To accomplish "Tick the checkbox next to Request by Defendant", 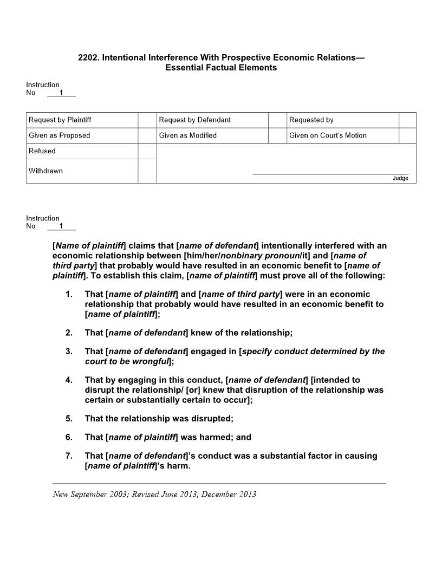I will click(x=277, y=120).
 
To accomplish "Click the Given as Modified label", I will click(x=188, y=135).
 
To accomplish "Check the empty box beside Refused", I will click(x=147, y=151).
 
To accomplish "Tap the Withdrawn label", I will click(x=46, y=171).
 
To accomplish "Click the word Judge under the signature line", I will click(x=400, y=178).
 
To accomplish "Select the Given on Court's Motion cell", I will click(x=328, y=135).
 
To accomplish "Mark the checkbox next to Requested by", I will click(x=407, y=120).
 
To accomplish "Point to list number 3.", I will click(x=69, y=351).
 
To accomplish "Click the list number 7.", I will click(x=69, y=456).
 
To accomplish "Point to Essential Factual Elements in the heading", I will click(x=221, y=68).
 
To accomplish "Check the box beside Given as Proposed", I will click(x=147, y=135).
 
